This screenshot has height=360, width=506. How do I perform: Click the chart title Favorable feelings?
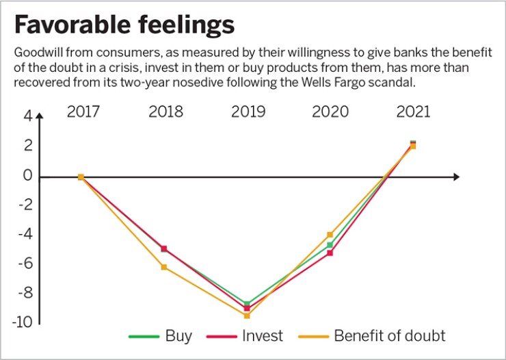(x=124, y=25)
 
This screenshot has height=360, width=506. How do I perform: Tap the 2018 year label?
(x=165, y=112)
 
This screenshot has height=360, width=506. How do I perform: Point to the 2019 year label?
(x=247, y=112)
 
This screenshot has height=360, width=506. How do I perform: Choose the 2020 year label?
(x=330, y=112)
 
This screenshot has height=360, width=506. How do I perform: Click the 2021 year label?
(x=412, y=112)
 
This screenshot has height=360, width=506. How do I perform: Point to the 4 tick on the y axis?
(x=28, y=116)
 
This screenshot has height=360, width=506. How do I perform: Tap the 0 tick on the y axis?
(x=28, y=176)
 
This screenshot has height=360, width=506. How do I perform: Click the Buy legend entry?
(x=178, y=336)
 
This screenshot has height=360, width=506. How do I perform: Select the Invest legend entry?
(x=262, y=336)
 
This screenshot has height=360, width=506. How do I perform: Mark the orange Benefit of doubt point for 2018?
(x=163, y=267)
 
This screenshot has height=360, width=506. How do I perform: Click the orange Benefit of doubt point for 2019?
(x=247, y=316)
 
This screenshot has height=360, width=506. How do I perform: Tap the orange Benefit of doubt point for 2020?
(x=330, y=235)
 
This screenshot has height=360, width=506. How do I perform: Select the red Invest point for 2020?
(x=330, y=253)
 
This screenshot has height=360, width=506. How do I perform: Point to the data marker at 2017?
(x=81, y=177)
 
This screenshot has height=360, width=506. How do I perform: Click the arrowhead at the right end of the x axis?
(x=456, y=177)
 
